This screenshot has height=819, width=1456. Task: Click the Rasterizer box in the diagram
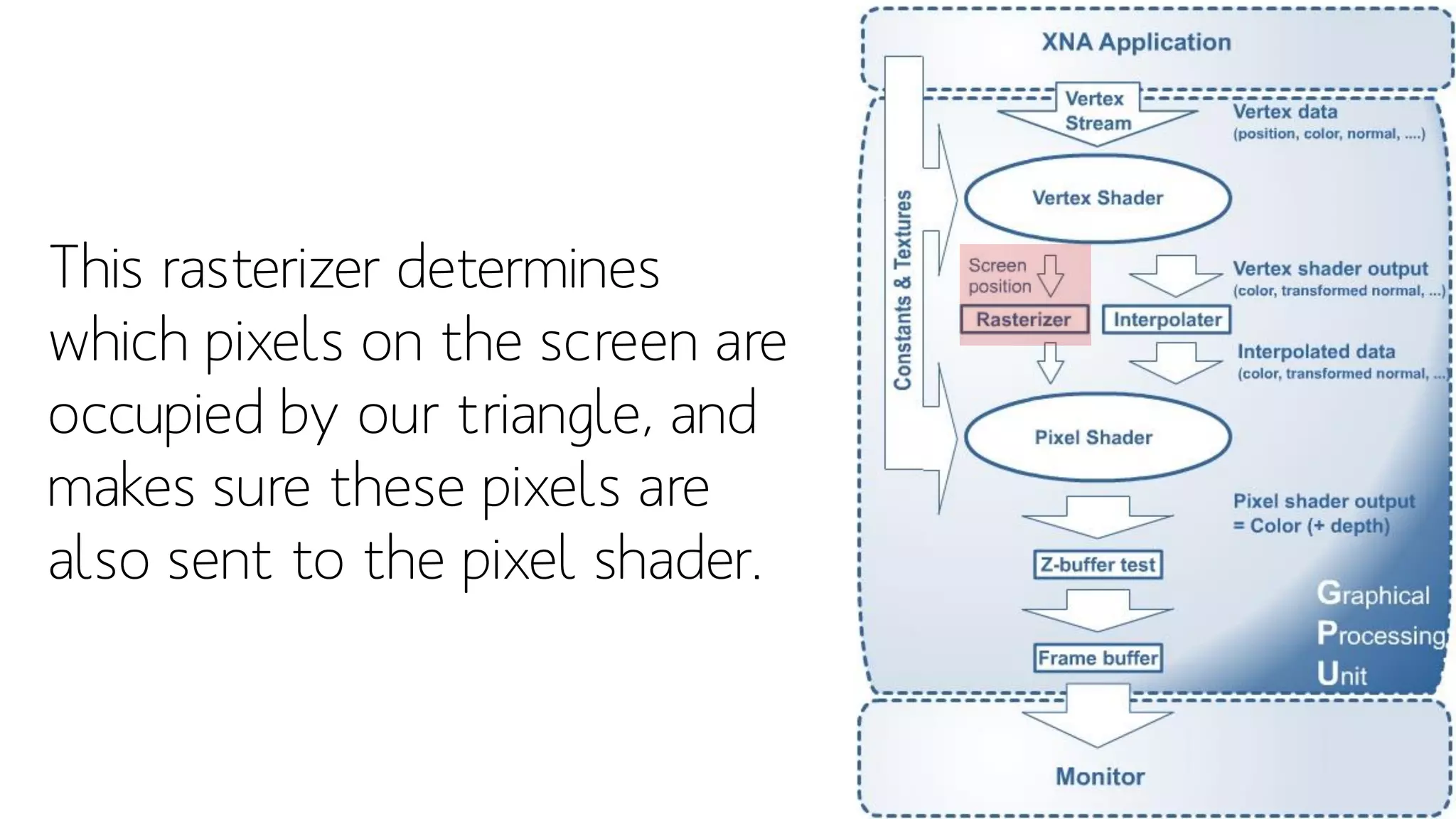tap(1024, 320)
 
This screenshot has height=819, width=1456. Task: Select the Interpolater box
tap(1167, 320)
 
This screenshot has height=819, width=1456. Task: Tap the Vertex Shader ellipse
tap(1097, 198)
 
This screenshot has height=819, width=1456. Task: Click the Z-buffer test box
tap(1098, 565)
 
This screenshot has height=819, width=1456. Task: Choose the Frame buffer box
tap(1098, 658)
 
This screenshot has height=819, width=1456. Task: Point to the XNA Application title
tap(1135, 43)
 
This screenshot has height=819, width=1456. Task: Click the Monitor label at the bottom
tap(1100, 776)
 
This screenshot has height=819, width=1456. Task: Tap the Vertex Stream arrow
tap(1097, 114)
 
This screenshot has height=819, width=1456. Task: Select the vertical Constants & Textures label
tap(903, 290)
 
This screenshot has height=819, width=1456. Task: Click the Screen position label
tap(999, 276)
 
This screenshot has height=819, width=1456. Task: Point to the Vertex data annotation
tap(1285, 112)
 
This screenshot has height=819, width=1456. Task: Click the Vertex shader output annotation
tap(1330, 269)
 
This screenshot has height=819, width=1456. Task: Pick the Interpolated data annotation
tap(1316, 352)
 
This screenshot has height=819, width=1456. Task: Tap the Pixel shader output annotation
tap(1324, 502)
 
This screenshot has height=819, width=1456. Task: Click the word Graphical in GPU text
tap(1372, 594)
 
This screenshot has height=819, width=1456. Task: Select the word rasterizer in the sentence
tap(271, 269)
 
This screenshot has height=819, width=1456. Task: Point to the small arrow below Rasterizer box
tap(1050, 363)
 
